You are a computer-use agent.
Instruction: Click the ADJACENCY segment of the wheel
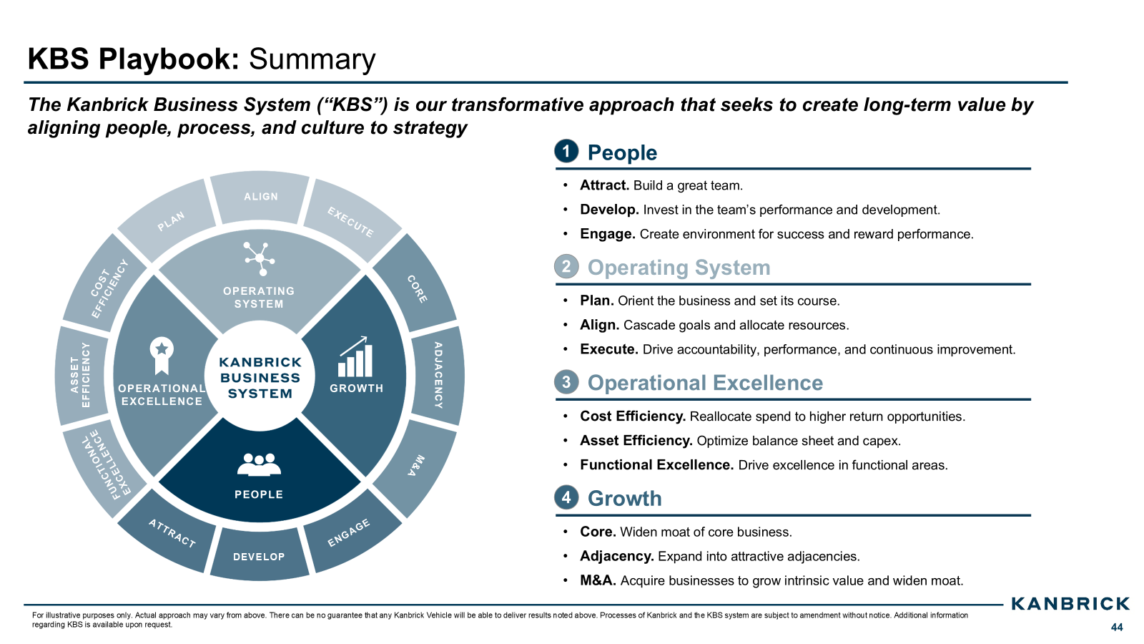click(x=438, y=375)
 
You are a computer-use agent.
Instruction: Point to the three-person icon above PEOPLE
click(x=259, y=464)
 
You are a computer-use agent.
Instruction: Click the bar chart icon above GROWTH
click(x=355, y=357)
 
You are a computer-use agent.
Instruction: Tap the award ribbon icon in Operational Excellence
click(x=162, y=355)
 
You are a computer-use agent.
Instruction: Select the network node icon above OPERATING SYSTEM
click(x=260, y=258)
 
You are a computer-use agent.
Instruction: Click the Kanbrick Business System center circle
click(x=260, y=377)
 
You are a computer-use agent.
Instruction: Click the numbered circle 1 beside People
click(x=566, y=151)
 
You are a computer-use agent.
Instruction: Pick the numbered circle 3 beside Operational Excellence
click(x=566, y=382)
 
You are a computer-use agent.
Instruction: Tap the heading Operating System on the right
click(x=679, y=268)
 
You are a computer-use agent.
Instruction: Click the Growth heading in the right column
click(x=624, y=499)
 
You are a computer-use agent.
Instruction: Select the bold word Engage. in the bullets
click(x=607, y=234)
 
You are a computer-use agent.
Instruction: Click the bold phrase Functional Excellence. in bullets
click(x=656, y=465)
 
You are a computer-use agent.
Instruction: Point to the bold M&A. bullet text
click(x=598, y=580)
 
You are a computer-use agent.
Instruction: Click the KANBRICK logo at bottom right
click(x=1070, y=604)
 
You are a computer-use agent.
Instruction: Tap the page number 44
click(x=1117, y=628)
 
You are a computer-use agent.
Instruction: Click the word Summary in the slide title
click(x=312, y=59)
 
